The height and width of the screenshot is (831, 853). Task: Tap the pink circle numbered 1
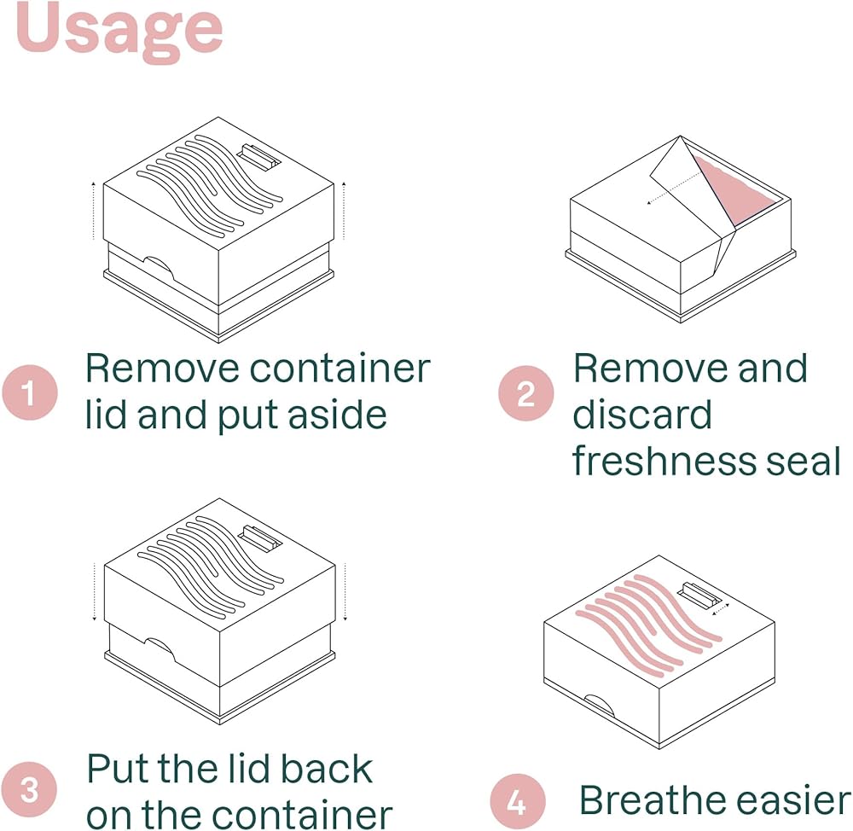click(30, 392)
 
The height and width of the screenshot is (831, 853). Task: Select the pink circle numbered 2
click(526, 393)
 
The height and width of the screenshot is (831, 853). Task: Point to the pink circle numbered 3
click(30, 789)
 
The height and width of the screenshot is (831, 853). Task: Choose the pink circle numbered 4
click(518, 801)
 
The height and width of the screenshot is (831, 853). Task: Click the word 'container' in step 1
click(340, 369)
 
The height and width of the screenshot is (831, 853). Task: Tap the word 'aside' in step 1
click(337, 415)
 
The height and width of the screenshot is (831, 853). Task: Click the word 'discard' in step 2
click(642, 415)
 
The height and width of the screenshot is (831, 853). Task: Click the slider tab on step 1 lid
click(259, 157)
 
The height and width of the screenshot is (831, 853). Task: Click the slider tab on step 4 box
click(702, 596)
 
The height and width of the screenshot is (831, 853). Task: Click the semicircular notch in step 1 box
click(160, 268)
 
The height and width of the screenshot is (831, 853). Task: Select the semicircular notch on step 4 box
click(599, 704)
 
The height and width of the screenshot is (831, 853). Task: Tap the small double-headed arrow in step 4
click(721, 608)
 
